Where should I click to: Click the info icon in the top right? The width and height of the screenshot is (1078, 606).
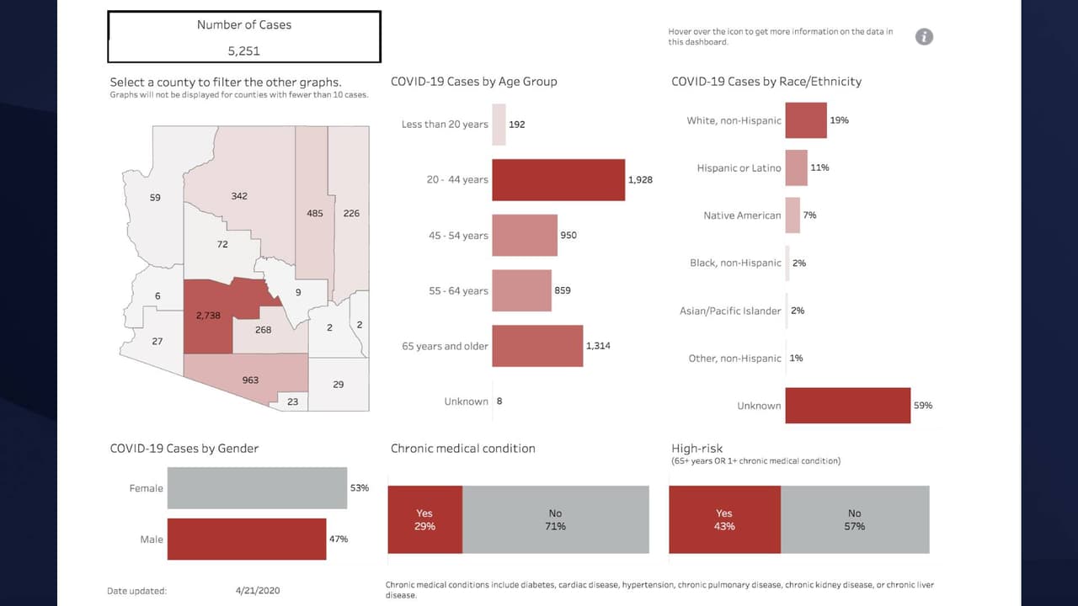pyautogui.click(x=924, y=36)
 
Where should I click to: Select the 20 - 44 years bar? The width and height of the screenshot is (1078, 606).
pyautogui.click(x=558, y=179)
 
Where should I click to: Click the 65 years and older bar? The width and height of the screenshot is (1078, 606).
pyautogui.click(x=536, y=346)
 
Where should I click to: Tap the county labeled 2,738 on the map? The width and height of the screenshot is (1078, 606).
pyautogui.click(x=207, y=316)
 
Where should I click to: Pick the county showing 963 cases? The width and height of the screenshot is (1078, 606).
pyautogui.click(x=250, y=380)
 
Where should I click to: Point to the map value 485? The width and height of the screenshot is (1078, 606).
pyautogui.click(x=314, y=213)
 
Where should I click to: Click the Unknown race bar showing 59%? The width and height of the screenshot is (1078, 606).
pyautogui.click(x=846, y=405)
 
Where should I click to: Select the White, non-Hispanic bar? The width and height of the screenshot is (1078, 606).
pyautogui.click(x=805, y=120)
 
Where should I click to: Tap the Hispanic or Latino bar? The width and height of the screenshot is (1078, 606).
pyautogui.click(x=796, y=167)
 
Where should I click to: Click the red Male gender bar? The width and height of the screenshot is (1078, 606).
pyautogui.click(x=246, y=539)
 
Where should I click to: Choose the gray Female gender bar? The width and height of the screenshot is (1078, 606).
pyautogui.click(x=257, y=488)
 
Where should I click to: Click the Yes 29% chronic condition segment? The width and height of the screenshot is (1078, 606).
pyautogui.click(x=424, y=519)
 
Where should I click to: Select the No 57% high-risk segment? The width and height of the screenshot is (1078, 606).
pyautogui.click(x=854, y=519)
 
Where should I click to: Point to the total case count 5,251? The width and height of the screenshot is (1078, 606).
pyautogui.click(x=243, y=50)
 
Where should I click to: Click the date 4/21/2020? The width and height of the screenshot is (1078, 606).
pyautogui.click(x=258, y=591)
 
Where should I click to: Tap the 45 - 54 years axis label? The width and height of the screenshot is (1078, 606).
pyautogui.click(x=457, y=236)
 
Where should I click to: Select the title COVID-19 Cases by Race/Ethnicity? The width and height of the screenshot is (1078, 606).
pyautogui.click(x=766, y=82)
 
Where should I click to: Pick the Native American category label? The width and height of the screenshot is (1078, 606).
pyautogui.click(x=741, y=215)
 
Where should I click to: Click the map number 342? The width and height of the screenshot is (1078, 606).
pyautogui.click(x=238, y=196)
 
